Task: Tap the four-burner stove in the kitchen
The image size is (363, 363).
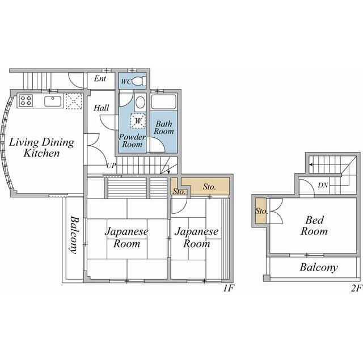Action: (26, 101)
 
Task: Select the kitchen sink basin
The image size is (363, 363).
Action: (53, 101)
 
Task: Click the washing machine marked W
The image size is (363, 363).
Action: (138, 121)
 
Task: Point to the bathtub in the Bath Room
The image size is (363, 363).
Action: (163, 102)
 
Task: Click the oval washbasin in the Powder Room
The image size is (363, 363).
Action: (140, 102)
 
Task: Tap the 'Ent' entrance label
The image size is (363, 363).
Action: (100, 79)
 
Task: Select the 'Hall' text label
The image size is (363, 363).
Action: (102, 108)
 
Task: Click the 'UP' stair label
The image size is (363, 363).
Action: (111, 166)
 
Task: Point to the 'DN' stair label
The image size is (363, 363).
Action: (323, 185)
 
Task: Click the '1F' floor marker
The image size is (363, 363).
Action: (228, 288)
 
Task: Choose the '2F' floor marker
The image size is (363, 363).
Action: (356, 288)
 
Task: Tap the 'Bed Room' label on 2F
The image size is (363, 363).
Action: (314, 226)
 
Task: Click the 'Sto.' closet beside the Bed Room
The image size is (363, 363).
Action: (261, 211)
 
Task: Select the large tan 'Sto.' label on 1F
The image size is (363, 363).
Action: (209, 187)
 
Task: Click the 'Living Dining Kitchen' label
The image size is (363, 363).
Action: (41, 147)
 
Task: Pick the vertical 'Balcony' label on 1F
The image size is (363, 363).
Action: (74, 235)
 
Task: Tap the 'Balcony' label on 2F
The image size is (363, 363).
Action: (319, 268)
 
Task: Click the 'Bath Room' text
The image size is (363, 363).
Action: (163, 128)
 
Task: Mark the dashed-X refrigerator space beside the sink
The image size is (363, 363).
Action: (74, 101)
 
